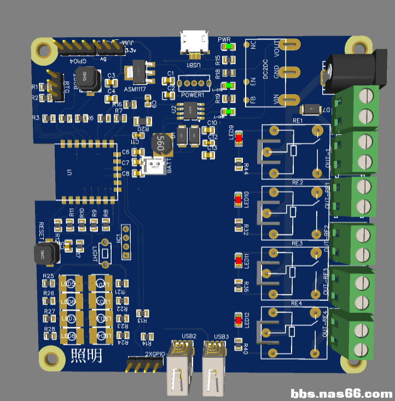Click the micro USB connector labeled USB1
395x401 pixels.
pyautogui.click(x=195, y=42)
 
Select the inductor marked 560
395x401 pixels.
pyautogui.click(x=161, y=144)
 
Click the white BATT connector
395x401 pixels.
pyautogui.click(x=154, y=166)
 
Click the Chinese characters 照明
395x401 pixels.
pyautogui.click(x=86, y=356)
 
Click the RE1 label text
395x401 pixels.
pyautogui.click(x=298, y=120)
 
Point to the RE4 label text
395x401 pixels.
pyautogui.click(x=296, y=303)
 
